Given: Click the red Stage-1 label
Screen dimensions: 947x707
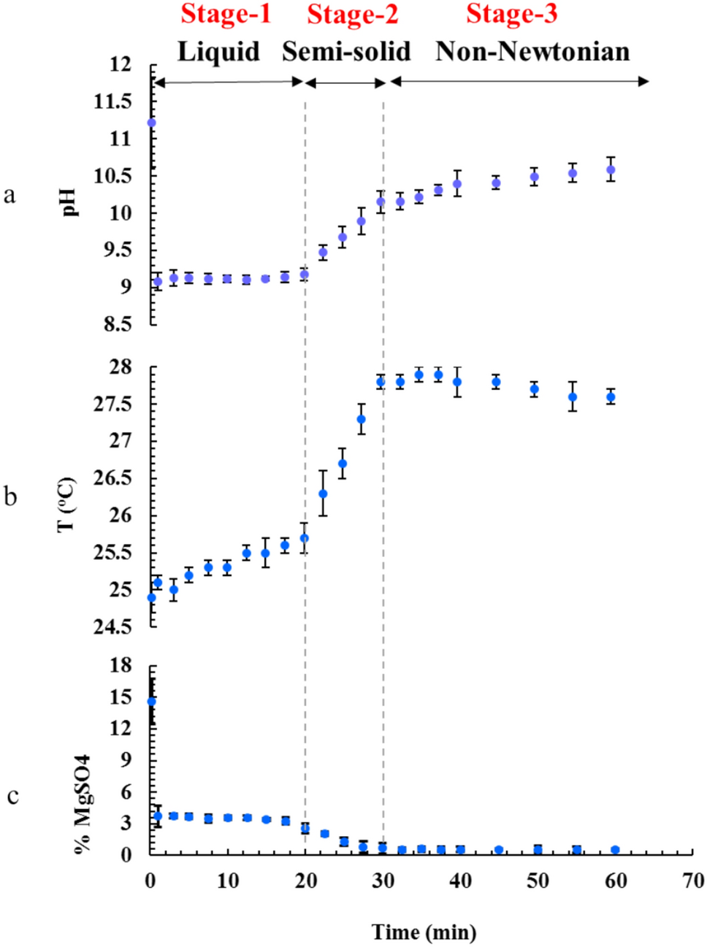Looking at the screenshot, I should (226, 14).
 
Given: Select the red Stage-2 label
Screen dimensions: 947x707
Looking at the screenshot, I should (352, 14).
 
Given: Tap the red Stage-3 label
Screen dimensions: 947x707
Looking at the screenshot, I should (511, 14).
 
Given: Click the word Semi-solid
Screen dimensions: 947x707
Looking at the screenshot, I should (346, 51).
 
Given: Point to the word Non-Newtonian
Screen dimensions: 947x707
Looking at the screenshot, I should (532, 51).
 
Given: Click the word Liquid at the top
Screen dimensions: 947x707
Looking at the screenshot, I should (218, 51).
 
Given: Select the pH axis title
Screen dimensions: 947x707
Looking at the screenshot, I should (71, 202).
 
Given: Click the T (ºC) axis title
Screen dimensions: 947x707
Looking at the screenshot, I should (66, 505).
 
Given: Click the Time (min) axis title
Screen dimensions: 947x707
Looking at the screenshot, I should (424, 932).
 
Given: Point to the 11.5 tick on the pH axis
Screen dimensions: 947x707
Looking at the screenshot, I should (112, 101).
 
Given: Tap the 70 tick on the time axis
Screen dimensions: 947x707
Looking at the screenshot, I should (692, 881).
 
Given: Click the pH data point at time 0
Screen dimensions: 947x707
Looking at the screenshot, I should (152, 123).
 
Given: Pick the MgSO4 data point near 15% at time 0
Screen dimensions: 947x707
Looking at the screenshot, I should (152, 702).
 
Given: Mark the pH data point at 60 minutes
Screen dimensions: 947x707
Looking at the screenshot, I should (611, 169).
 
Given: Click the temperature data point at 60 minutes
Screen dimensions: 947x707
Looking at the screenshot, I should (611, 397).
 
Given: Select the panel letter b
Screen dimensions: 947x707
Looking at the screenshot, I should (11, 496).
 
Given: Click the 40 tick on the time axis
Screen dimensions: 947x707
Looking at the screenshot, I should (460, 881).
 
